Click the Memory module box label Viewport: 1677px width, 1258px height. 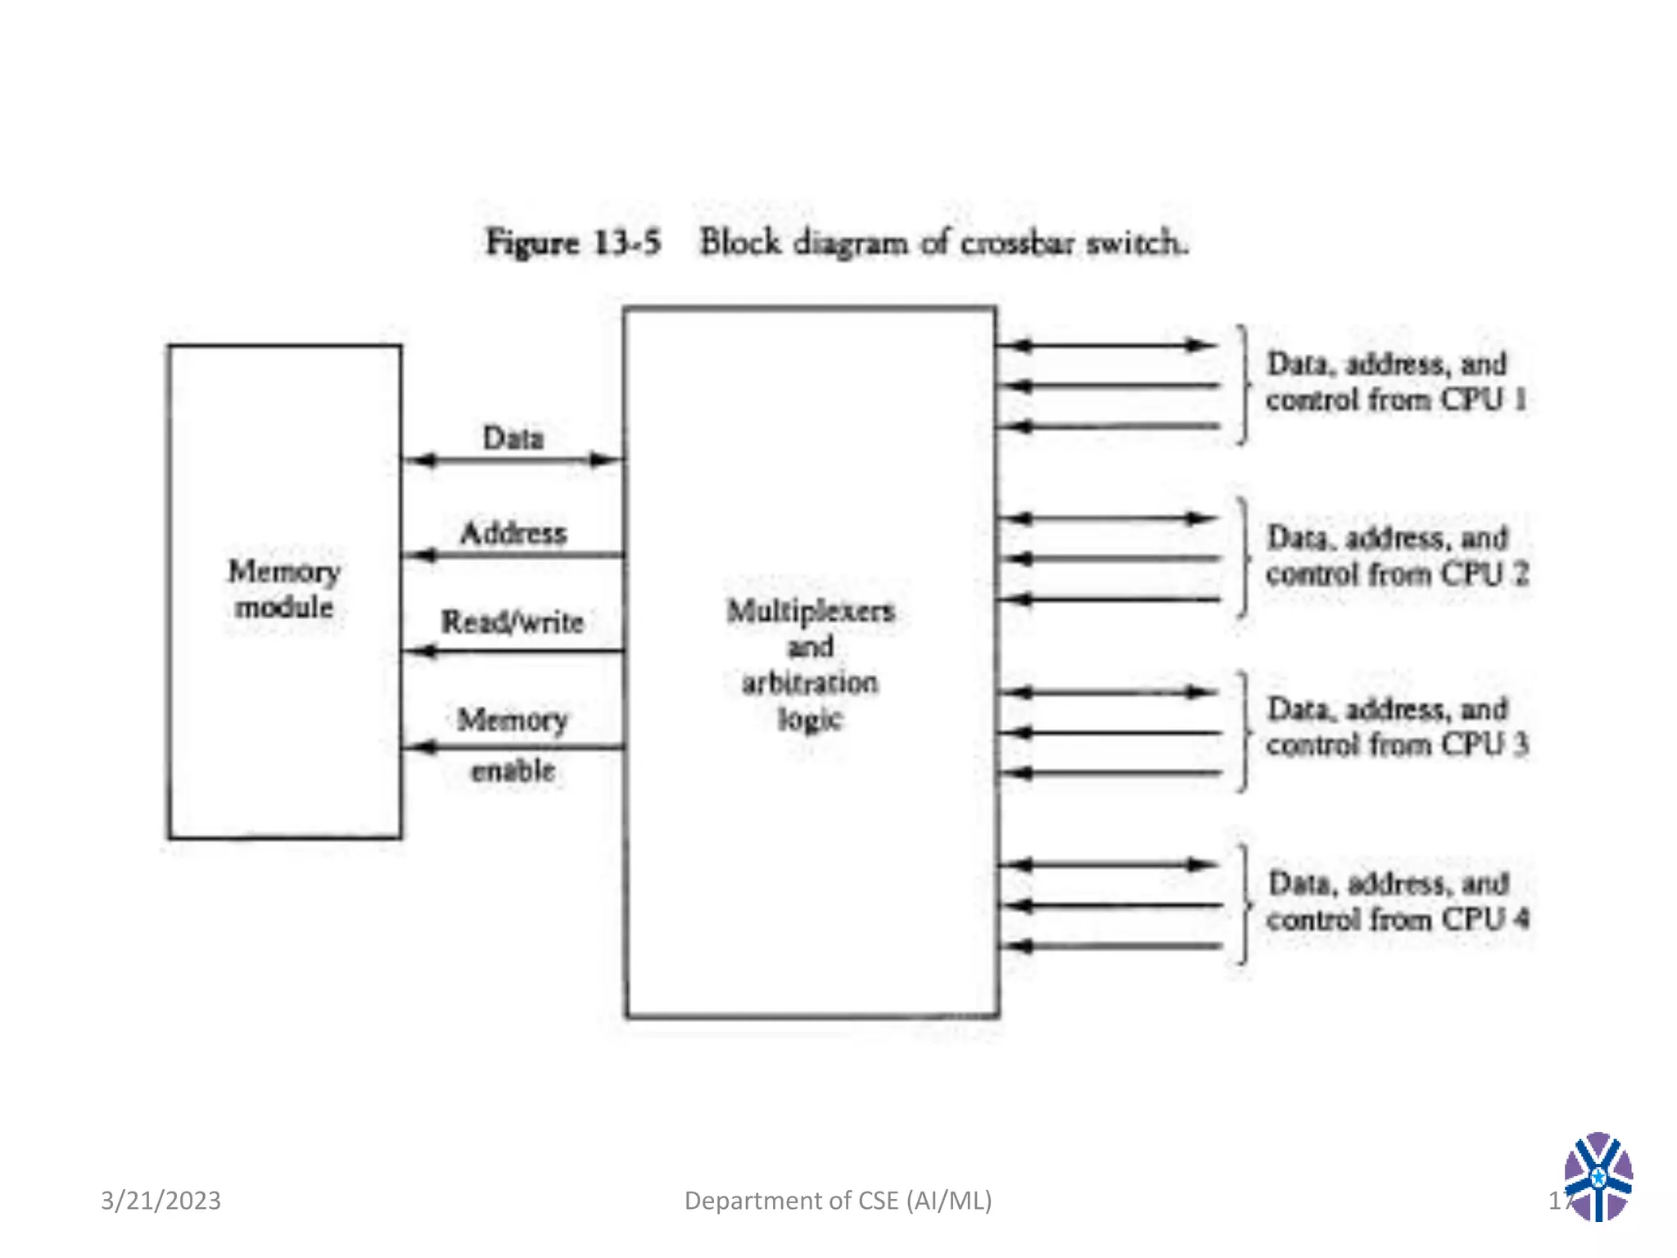click(283, 589)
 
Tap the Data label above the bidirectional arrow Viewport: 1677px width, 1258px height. click(513, 438)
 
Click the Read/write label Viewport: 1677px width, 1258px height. click(513, 622)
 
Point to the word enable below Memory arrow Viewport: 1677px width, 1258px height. click(513, 771)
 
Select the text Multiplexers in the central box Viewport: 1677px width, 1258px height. click(811, 611)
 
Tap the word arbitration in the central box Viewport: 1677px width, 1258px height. click(810, 682)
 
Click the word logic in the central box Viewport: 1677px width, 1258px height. click(810, 719)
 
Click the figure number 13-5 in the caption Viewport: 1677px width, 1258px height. click(626, 243)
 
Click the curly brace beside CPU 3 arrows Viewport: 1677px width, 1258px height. click(1244, 731)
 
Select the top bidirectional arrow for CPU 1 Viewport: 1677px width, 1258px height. click(1107, 346)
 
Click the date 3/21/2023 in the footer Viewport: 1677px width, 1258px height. click(160, 1201)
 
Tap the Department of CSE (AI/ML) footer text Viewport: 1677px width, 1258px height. click(838, 1201)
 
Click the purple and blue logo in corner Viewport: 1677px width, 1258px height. click(1598, 1176)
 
